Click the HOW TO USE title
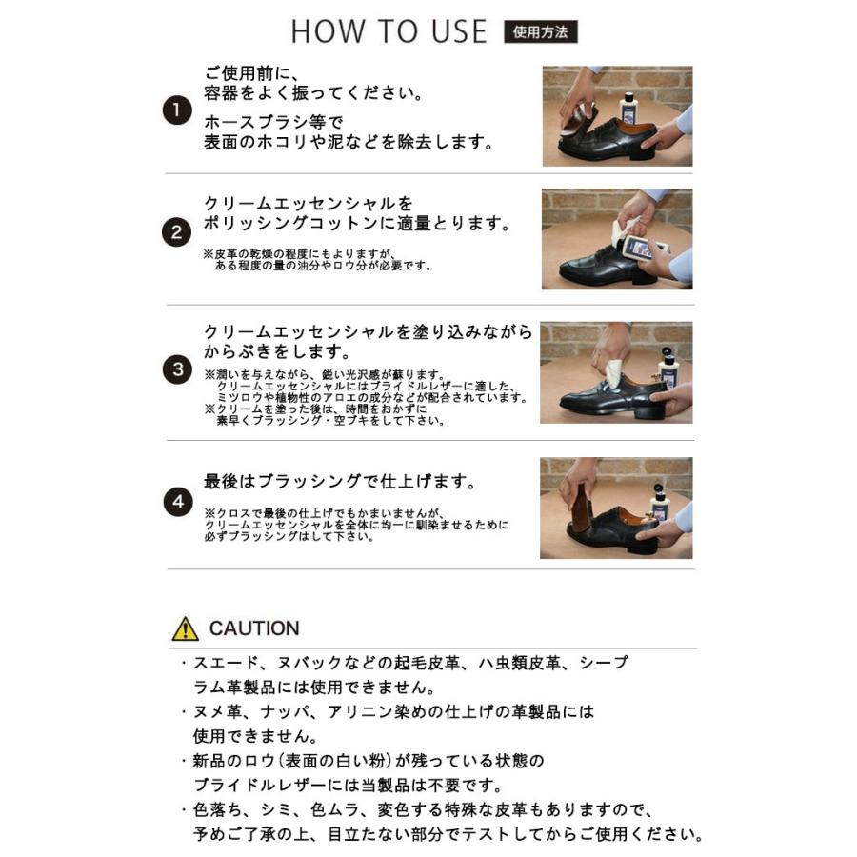[389, 31]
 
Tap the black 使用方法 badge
[540, 31]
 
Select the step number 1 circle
[177, 110]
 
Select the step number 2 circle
[176, 232]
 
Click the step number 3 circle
[178, 369]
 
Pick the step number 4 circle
[178, 502]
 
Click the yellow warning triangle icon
[186, 629]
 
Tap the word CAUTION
[254, 628]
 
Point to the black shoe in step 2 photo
[606, 267]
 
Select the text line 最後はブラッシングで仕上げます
[340, 482]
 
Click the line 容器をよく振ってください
[313, 93]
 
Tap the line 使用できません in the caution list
[255, 736]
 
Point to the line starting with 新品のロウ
[369, 761]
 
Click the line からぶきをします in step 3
[278, 350]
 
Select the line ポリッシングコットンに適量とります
[357, 224]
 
